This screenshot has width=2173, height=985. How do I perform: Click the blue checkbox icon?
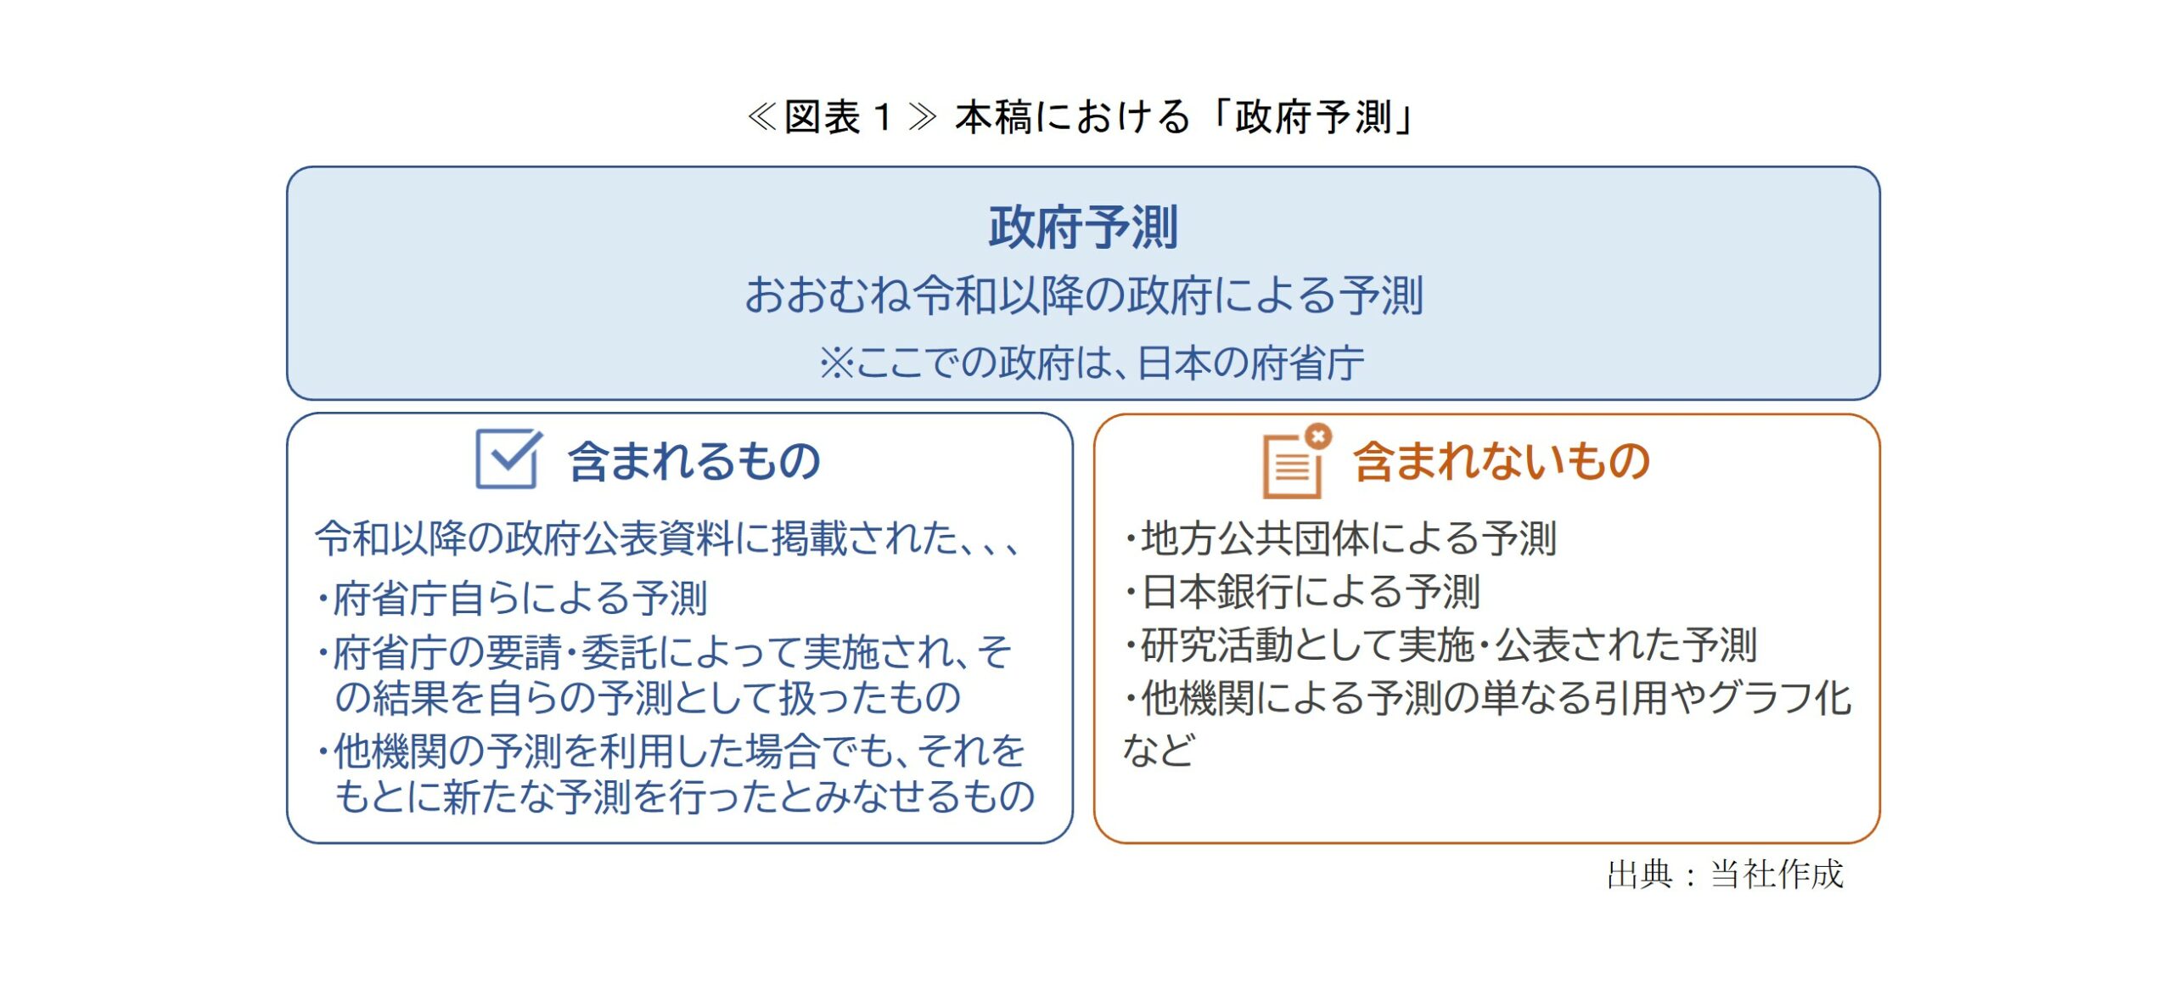tap(508, 459)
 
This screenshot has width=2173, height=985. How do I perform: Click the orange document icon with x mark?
tap(1296, 460)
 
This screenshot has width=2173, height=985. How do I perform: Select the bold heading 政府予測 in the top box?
tap(1083, 228)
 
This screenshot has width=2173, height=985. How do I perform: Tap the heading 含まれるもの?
tap(694, 461)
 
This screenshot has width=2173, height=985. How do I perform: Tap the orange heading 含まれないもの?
tap(1501, 461)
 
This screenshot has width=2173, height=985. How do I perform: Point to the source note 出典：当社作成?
tap(1725, 874)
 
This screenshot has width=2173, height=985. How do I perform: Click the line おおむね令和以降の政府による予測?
tap(1084, 295)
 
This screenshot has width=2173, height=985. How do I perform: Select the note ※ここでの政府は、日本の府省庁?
tap(1092, 363)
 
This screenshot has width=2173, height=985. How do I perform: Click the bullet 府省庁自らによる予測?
tap(512, 598)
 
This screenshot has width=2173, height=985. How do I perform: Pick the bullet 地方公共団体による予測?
tap(1340, 538)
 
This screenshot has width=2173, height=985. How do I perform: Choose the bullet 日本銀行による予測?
tap(1302, 592)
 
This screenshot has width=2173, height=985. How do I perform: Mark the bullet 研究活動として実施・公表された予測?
tap(1440, 645)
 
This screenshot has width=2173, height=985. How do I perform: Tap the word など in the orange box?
tap(1159, 750)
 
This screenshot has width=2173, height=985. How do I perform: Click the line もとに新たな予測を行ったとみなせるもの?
tap(685, 796)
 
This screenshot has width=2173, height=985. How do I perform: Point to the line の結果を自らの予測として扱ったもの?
tap(648, 697)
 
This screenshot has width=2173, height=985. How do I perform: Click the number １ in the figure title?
tap(884, 117)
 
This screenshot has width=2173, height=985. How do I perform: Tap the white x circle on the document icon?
tap(1318, 436)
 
